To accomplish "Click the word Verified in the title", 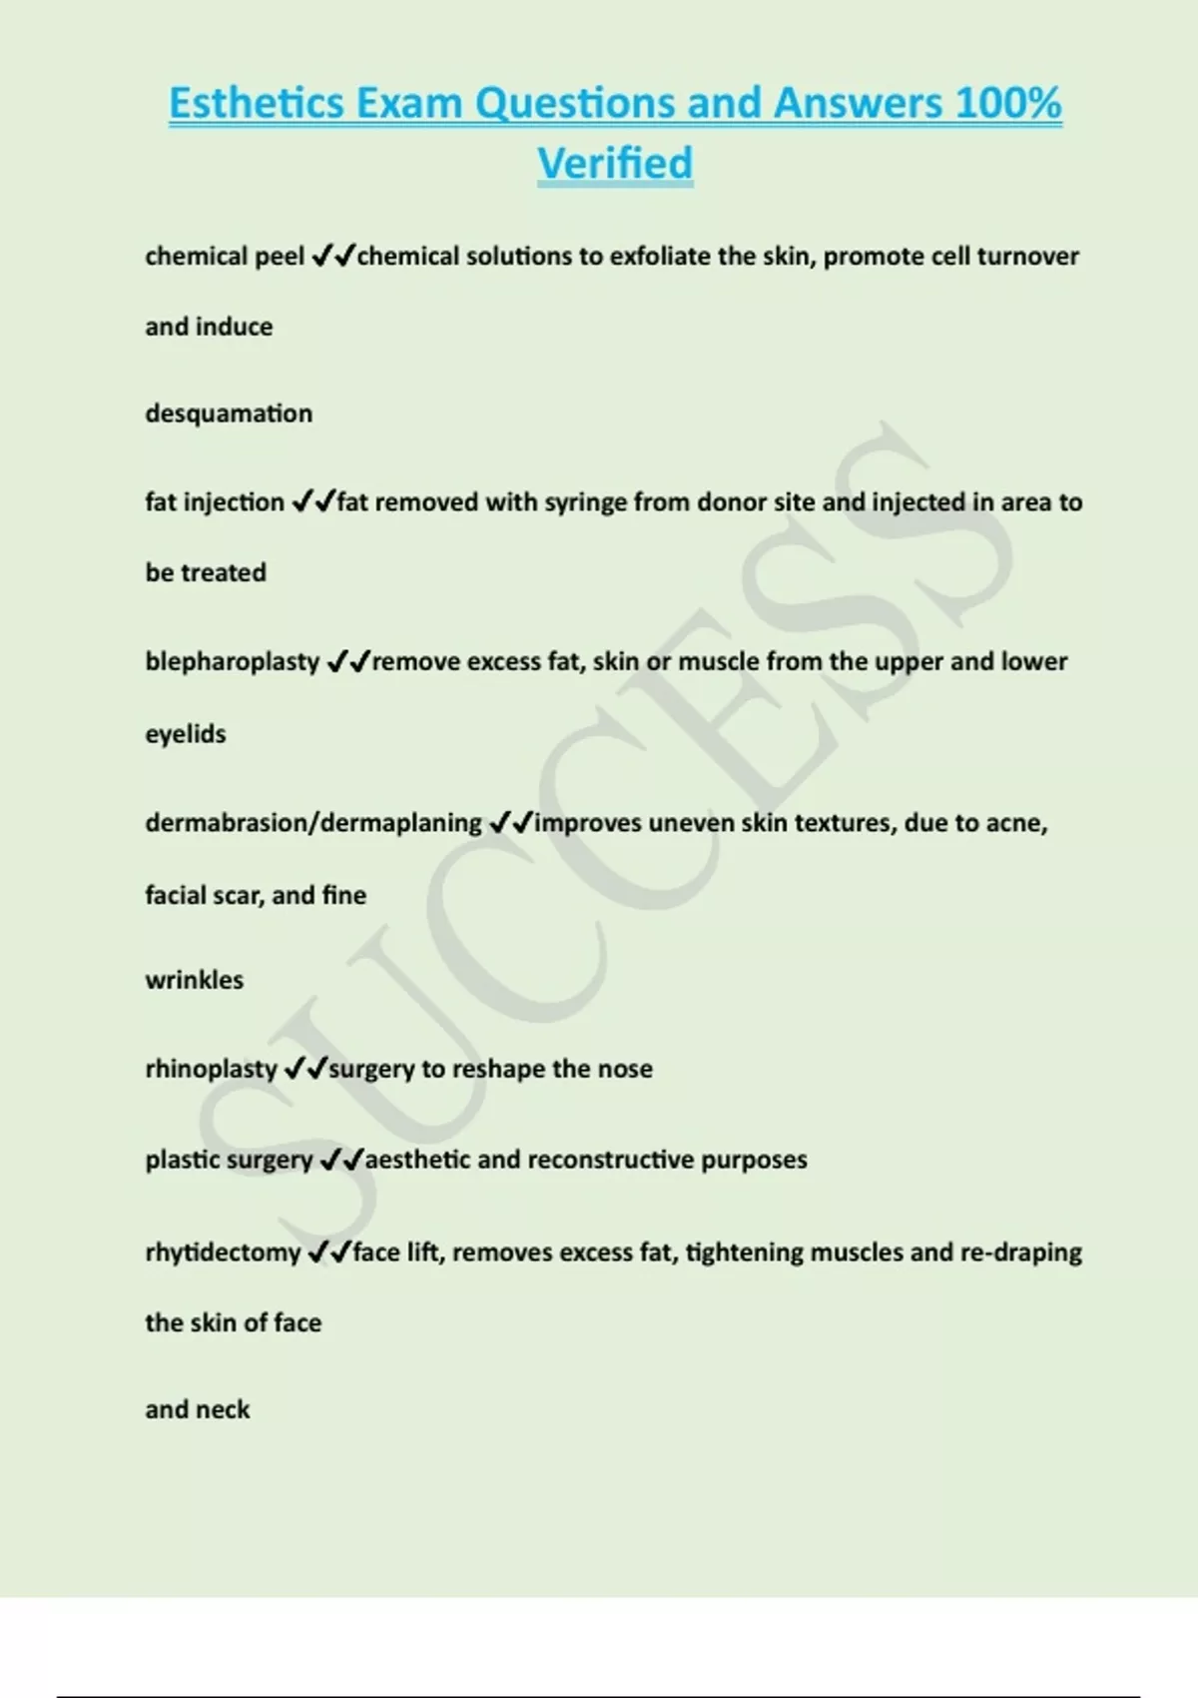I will (x=615, y=163).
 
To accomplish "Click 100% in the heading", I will (x=1008, y=103).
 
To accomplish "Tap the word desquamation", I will (x=229, y=414).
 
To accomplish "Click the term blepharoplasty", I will (x=232, y=662).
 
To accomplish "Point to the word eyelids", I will (x=186, y=734).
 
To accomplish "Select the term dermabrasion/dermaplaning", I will (x=313, y=823).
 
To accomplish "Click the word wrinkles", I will (x=194, y=980).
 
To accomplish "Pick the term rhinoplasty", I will (x=211, y=1069).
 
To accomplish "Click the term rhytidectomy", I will (x=223, y=1253).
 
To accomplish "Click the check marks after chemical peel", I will (x=333, y=257).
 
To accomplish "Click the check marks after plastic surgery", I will (x=340, y=1160).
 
